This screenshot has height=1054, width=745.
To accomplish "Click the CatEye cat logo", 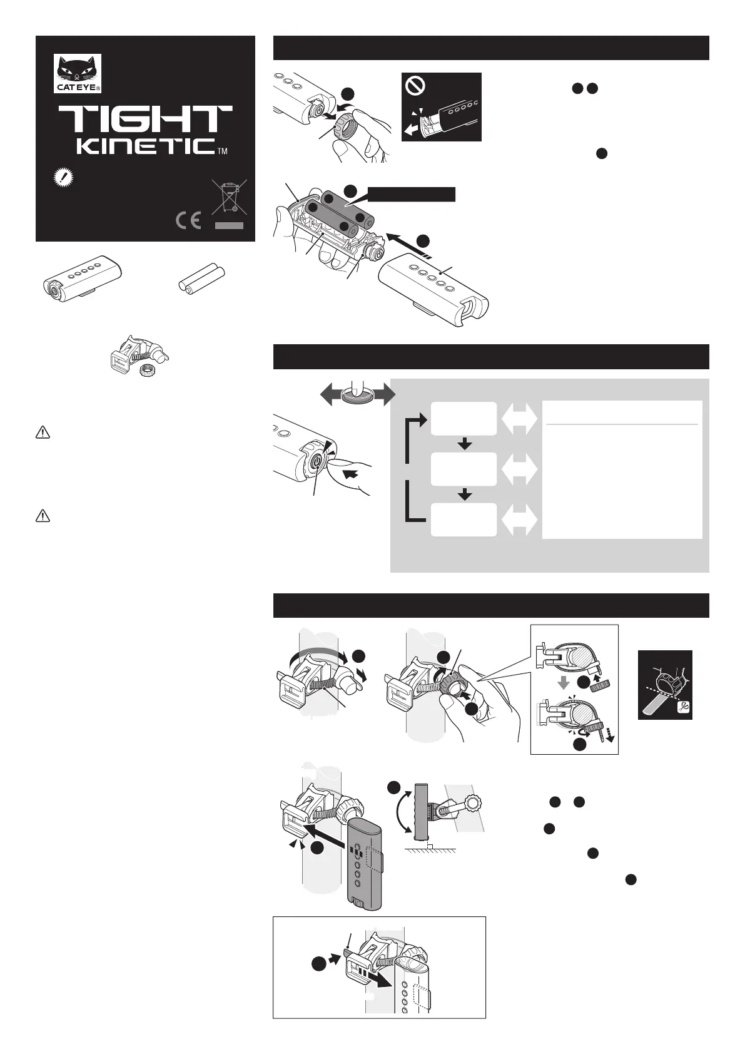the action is pos(78,73).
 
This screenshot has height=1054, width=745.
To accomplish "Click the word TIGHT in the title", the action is pos(145,118).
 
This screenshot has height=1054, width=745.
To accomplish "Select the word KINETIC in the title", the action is pos(146,146).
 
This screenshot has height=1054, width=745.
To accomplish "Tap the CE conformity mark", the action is pos(189,220).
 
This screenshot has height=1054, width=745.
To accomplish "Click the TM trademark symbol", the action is pos(223,151).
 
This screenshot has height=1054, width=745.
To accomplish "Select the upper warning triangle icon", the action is pos(43,432).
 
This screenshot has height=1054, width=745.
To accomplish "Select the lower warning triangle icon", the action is pos(43,516).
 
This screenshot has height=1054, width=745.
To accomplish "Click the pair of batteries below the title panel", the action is pos(202,279).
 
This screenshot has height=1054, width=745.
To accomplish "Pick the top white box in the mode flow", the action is pos(464,418).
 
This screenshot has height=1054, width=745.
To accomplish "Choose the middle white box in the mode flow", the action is pos(464,469).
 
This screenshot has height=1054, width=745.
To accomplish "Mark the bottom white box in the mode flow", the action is pos(464,519).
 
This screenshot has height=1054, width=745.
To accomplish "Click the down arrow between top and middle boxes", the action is pos(465,444).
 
